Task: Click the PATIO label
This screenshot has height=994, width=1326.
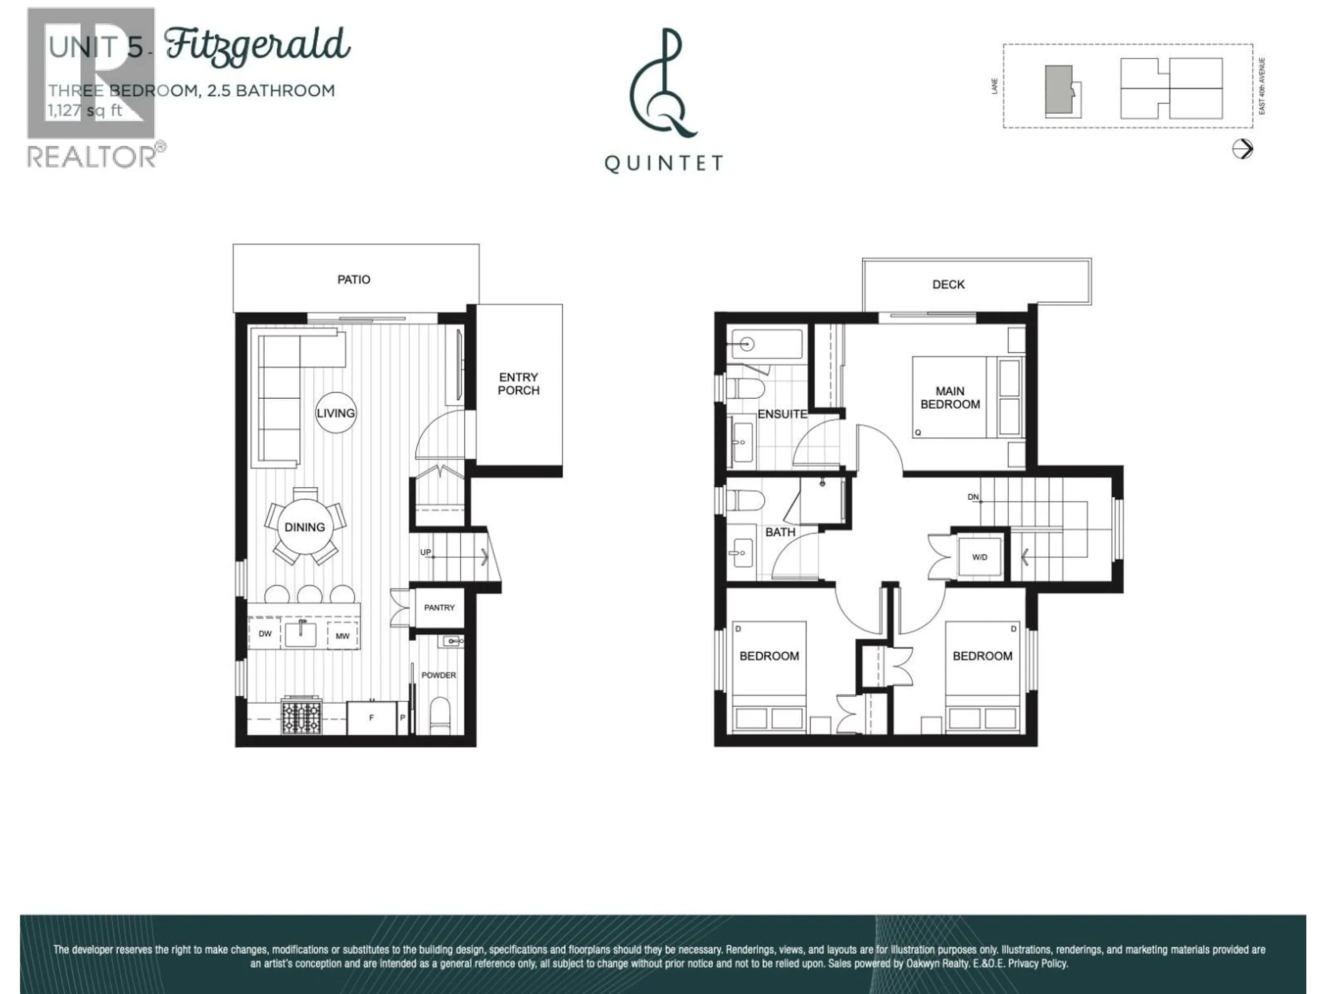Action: (x=354, y=279)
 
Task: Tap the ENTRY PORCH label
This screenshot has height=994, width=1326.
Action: (x=519, y=383)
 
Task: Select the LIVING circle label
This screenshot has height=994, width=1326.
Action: (x=336, y=413)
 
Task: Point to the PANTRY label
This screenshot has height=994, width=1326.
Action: (x=439, y=607)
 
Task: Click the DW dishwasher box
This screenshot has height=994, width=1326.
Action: (x=265, y=634)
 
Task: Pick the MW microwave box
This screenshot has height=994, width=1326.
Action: (x=342, y=636)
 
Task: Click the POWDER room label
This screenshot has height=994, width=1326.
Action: (x=438, y=675)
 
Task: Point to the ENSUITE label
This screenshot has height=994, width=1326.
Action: (x=782, y=414)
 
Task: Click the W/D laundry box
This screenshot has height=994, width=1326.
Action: (x=980, y=557)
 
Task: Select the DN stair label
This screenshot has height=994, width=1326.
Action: (x=973, y=497)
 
